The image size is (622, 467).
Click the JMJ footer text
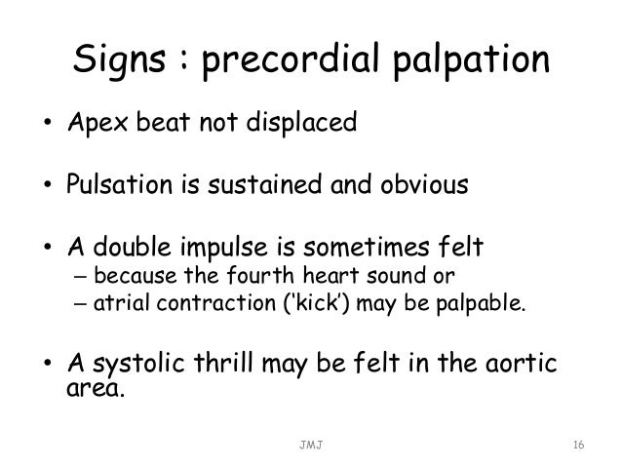tap(311, 445)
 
